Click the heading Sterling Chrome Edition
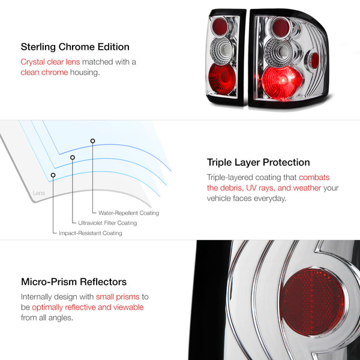[x=75, y=47]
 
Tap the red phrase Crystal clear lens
[x=50, y=62]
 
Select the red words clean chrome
[x=44, y=73]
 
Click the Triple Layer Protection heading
[x=258, y=163]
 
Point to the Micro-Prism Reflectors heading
[x=74, y=282]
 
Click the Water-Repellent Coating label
[x=128, y=213]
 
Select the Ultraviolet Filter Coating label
[x=107, y=223]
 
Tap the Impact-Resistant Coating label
[x=91, y=233]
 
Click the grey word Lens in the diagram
[x=39, y=193]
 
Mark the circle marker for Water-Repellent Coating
[x=92, y=141]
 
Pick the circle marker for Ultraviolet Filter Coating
[x=73, y=157]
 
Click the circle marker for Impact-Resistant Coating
[x=53, y=175]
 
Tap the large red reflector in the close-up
[x=312, y=302]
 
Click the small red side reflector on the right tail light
[x=314, y=61]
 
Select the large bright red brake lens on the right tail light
[x=281, y=82]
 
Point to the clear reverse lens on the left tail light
[x=221, y=51]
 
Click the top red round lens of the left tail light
[x=220, y=26]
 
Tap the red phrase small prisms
[x=118, y=296]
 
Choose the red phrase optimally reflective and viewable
[x=88, y=307]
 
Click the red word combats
[x=314, y=177]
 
